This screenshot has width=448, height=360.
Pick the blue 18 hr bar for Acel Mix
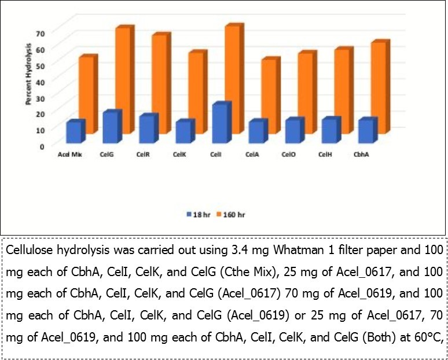(x=74, y=133)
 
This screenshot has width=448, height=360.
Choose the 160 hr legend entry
(x=232, y=214)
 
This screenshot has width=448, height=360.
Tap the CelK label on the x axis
(x=179, y=155)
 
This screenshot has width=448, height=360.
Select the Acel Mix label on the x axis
(x=68, y=155)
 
